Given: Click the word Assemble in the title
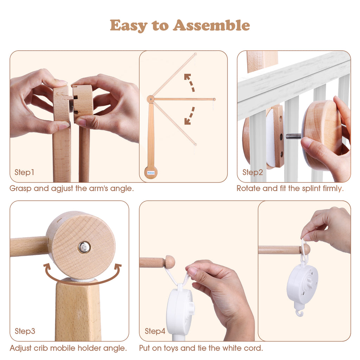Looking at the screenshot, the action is point(211,25).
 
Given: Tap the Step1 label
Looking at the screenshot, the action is point(24,172).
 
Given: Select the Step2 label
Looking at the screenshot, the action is point(252,172).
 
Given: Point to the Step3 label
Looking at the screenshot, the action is point(25,331).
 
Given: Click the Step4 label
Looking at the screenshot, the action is point(155,331).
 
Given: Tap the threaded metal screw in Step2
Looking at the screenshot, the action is point(294,136).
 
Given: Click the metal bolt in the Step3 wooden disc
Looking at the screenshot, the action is point(84,247).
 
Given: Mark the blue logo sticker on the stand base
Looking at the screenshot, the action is point(151,172).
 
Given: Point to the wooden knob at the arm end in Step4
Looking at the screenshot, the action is point(170,262).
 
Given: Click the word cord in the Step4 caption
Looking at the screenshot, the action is point(255,348).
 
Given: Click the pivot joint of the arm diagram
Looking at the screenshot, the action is point(150,99).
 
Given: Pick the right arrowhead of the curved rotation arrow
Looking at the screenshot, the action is point(118,268).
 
